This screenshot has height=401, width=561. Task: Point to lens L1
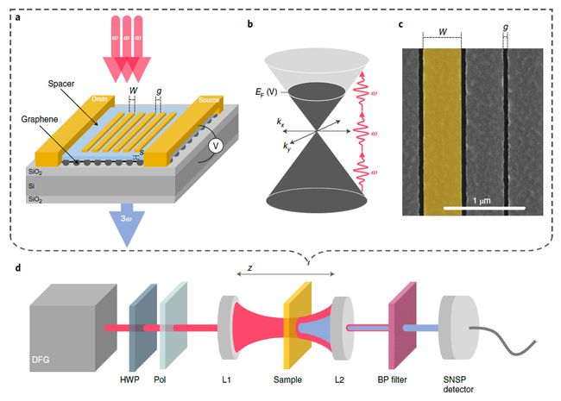tap(229, 330)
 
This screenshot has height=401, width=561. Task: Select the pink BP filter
tap(404, 329)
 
